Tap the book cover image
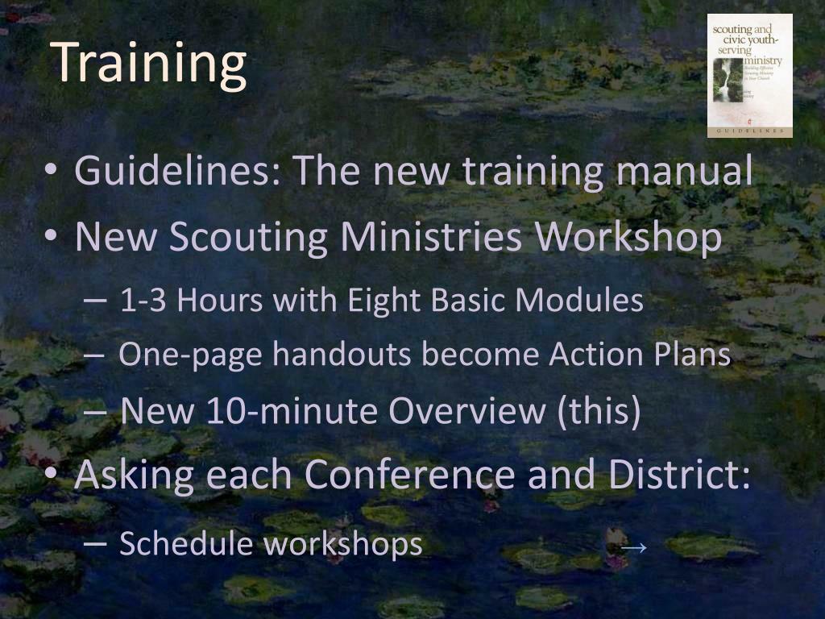coord(749,75)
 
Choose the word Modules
coord(578,301)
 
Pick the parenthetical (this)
coord(598,411)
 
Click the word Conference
coord(409,475)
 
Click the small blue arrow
coord(634,547)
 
